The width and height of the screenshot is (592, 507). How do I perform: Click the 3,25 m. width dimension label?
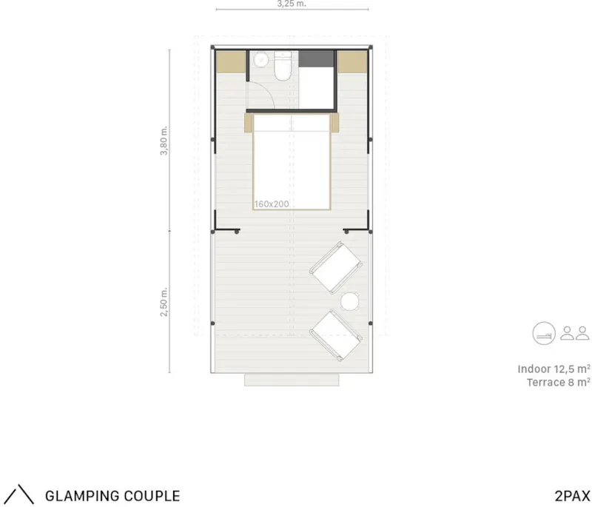tap(292, 4)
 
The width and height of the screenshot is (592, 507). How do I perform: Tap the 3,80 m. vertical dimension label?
tap(164, 141)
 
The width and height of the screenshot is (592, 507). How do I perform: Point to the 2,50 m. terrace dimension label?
tap(164, 302)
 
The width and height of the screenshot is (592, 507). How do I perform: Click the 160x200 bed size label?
tap(272, 204)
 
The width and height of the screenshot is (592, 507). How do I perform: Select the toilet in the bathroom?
tap(283, 67)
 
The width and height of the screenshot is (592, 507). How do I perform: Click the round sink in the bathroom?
tap(260, 60)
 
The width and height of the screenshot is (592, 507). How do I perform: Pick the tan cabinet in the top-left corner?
tap(231, 61)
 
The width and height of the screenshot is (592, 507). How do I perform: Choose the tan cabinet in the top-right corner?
tap(352, 61)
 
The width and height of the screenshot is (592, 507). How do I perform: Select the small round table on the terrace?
tap(350, 302)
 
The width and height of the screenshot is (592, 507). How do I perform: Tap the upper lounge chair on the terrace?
tap(336, 268)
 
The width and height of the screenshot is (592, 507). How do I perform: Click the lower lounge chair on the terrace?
tap(336, 335)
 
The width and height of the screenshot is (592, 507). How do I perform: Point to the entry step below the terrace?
tap(292, 380)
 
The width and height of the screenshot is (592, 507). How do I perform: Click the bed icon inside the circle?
tap(544, 333)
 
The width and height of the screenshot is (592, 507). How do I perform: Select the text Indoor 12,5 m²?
tap(554, 369)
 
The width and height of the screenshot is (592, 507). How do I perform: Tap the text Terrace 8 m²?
tap(559, 383)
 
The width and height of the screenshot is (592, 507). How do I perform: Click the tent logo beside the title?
tap(21, 494)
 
